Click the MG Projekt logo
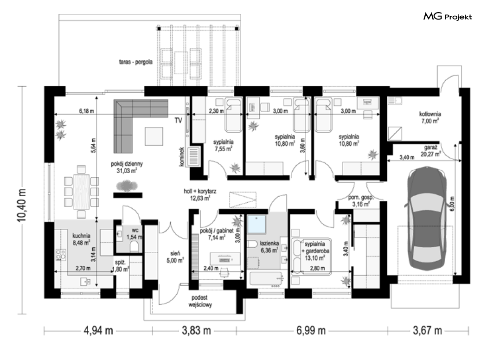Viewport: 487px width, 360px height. [x=448, y=16]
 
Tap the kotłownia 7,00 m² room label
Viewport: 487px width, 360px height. [x=430, y=118]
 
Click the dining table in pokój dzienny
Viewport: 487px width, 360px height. [x=81, y=191]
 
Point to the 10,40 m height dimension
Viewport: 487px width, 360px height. [x=22, y=205]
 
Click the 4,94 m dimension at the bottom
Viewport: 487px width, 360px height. [x=98, y=330]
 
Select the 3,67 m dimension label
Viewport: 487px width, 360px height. [x=427, y=330]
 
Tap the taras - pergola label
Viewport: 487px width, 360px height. [x=136, y=62]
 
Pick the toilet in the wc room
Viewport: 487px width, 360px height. [x=134, y=247]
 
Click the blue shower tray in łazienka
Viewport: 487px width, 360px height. [x=256, y=224]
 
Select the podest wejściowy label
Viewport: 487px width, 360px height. [x=200, y=301]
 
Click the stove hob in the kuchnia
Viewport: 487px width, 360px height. [x=61, y=255]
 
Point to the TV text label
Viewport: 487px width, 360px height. [x=178, y=121]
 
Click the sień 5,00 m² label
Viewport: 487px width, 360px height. [x=175, y=257]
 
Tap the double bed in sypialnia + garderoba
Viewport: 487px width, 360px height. [x=311, y=256]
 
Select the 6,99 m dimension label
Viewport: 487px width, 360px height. [x=311, y=330]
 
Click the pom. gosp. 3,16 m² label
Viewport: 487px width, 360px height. [x=360, y=201]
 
